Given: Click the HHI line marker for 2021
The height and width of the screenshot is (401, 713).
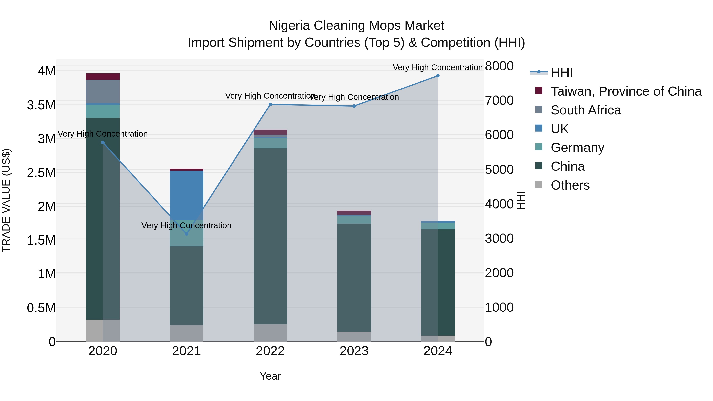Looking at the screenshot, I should pyautogui.click(x=186, y=234).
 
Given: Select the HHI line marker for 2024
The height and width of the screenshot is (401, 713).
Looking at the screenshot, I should pyautogui.click(x=438, y=76).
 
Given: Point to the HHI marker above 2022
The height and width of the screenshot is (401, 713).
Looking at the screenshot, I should pyautogui.click(x=270, y=104).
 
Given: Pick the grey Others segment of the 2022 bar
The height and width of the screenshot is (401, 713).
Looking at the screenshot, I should pyautogui.click(x=270, y=333).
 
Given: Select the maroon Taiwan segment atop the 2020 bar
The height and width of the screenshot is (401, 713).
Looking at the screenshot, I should pyautogui.click(x=103, y=76).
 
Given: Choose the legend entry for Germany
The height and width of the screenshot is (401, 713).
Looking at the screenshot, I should pyautogui.click(x=577, y=148).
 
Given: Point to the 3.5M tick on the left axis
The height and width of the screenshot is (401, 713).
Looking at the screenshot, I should pyautogui.click(x=41, y=105).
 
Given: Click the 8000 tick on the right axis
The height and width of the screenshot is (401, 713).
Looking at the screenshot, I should pyautogui.click(x=499, y=66).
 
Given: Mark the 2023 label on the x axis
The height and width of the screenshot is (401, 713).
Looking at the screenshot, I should pyautogui.click(x=354, y=351).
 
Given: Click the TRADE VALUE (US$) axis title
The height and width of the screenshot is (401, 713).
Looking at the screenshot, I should pyautogui.click(x=6, y=200).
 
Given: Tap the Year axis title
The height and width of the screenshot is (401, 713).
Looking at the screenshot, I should pyautogui.click(x=270, y=376).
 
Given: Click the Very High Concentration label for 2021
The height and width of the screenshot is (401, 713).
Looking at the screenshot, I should pyautogui.click(x=186, y=225).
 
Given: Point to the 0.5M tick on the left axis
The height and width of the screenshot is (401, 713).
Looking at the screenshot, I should pyautogui.click(x=41, y=308).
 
